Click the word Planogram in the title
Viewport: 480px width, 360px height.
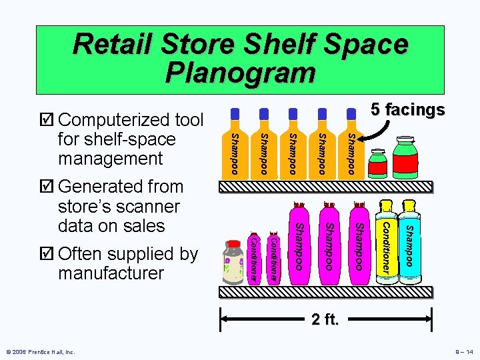tap(240, 72)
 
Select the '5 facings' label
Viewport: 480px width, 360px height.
tap(408, 109)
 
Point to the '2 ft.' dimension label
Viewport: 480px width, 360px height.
tap(325, 319)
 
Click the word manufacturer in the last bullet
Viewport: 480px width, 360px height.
tap(111, 273)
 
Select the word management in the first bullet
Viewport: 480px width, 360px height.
tap(111, 159)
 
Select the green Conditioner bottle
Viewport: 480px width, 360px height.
tap(385, 245)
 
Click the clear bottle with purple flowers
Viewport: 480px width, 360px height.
tap(233, 260)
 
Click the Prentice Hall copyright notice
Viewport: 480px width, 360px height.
tap(39, 351)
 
